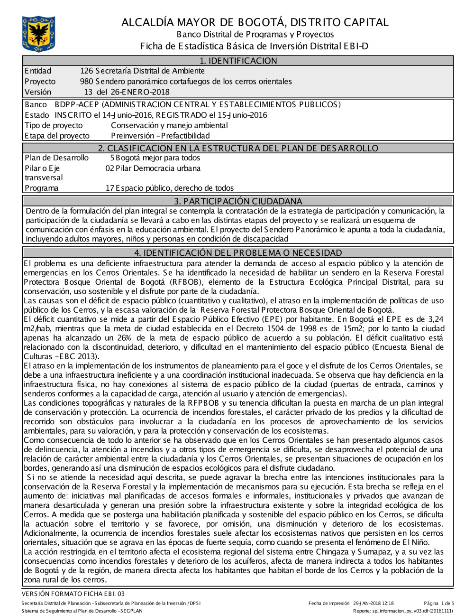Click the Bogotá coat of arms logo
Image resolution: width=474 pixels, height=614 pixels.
pyautogui.click(x=38, y=34)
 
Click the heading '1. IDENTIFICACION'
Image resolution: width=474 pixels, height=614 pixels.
pyautogui.click(x=238, y=61)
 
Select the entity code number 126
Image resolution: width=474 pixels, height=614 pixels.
pyautogui.click(x=87, y=71)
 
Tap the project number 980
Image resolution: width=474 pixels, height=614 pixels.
pyautogui.click(x=87, y=82)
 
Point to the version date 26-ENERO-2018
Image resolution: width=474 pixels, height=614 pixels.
pyautogui.click(x=139, y=92)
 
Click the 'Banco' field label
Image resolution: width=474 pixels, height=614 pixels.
pyautogui.click(x=36, y=104)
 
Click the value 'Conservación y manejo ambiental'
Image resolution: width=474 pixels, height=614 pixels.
pyautogui.click(x=169, y=125)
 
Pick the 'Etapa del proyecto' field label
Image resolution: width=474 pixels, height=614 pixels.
pyautogui.click(x=57, y=136)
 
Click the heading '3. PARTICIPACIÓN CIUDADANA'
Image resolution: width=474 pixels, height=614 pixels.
pyautogui.click(x=238, y=201)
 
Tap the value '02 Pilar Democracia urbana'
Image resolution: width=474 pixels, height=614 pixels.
pyautogui.click(x=153, y=168)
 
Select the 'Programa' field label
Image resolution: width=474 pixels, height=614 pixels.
pyautogui.click(x=42, y=188)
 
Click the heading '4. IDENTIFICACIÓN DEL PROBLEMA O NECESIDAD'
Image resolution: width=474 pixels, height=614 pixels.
pyautogui.click(x=238, y=253)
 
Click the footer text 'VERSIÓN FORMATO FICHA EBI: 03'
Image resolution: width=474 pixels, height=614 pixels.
pyautogui.click(x=73, y=594)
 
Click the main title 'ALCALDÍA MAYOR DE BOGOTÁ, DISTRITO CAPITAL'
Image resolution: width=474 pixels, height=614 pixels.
pyautogui.click(x=255, y=22)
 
